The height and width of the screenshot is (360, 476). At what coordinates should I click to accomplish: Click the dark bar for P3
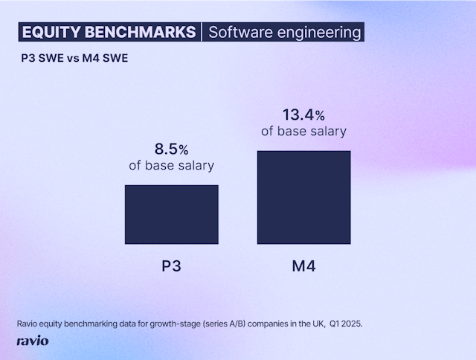coord(171,214)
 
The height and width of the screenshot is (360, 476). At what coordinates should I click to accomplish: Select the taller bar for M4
coord(303,197)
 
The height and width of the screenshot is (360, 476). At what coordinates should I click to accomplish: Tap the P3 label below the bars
coord(171,266)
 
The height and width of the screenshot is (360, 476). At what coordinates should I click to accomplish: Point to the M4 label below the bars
coord(303,266)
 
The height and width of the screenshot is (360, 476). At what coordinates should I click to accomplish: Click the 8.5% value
coord(171,148)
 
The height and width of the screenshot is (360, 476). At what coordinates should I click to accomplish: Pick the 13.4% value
coord(303,115)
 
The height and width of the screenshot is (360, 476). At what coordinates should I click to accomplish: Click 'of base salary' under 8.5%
coord(171,165)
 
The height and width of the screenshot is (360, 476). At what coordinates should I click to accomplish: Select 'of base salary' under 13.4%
coord(303,132)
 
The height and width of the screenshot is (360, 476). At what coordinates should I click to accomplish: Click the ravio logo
coord(33,341)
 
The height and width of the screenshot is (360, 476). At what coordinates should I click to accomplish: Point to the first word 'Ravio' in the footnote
coord(27,324)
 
